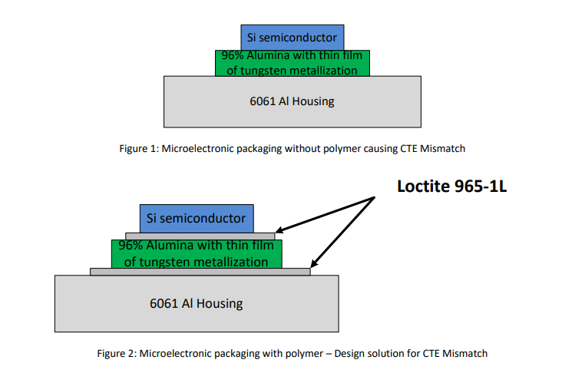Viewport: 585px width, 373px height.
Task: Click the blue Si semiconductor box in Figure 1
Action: pyautogui.click(x=292, y=37)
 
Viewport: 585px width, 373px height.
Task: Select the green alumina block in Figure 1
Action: pyautogui.click(x=292, y=63)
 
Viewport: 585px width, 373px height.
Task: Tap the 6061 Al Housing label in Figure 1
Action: pyautogui.click(x=292, y=101)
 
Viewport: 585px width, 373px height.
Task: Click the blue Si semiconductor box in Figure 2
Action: pyautogui.click(x=197, y=218)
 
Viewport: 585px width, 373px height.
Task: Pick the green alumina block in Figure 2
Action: pyautogui.click(x=197, y=254)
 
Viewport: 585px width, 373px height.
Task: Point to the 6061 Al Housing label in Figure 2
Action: pyautogui.click(x=197, y=303)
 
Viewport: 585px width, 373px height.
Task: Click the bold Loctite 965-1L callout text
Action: pyautogui.click(x=452, y=186)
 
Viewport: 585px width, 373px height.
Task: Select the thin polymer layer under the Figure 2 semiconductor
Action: pyautogui.click(x=200, y=236)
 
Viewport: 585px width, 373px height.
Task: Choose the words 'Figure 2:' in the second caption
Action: pyautogui.click(x=116, y=354)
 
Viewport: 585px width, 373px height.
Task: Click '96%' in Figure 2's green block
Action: pyautogui.click(x=126, y=246)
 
